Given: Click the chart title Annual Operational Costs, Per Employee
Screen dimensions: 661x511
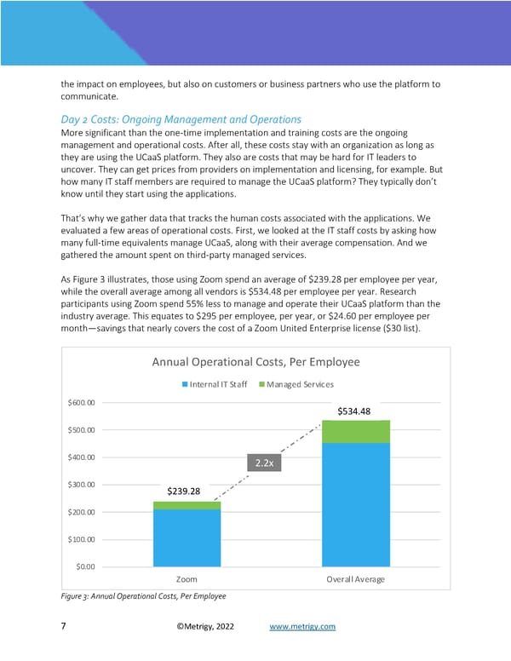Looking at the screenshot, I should [x=255, y=362].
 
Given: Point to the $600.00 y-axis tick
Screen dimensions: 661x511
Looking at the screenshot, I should [x=81, y=403].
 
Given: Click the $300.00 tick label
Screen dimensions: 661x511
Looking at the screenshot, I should [x=81, y=485].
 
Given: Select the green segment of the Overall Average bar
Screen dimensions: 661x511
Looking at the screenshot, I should [x=355, y=431].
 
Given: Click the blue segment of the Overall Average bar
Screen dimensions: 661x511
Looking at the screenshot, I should [x=355, y=503].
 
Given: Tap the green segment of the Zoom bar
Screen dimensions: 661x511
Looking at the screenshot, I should [x=187, y=505].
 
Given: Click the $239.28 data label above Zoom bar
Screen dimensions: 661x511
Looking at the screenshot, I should [x=183, y=491].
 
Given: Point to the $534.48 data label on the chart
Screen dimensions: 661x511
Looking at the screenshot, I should [x=354, y=411].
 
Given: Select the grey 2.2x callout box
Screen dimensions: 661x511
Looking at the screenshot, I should [x=262, y=463].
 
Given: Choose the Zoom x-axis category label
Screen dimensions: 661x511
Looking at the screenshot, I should [x=187, y=579].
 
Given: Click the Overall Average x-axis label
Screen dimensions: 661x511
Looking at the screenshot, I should [x=355, y=579].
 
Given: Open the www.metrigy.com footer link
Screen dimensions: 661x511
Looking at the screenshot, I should [x=302, y=627].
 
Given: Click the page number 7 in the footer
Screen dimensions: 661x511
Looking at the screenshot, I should [x=64, y=627].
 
